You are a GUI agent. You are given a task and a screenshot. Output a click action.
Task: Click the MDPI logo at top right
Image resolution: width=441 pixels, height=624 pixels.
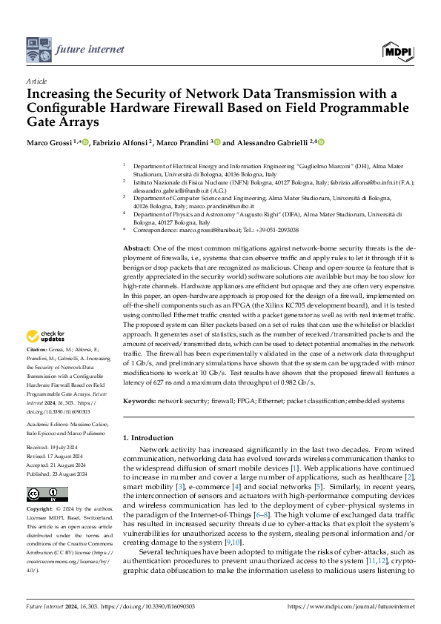[x=397, y=50]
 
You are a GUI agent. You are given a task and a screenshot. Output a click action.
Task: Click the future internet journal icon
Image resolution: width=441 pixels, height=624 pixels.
[x=38, y=50]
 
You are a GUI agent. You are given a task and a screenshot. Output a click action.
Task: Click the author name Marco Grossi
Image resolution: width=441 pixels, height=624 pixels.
[x=50, y=142]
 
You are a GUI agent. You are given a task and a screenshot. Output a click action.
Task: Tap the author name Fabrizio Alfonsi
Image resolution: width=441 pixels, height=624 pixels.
[x=121, y=142]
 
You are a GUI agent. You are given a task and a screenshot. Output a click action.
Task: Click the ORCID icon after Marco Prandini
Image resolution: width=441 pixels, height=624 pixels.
[x=216, y=142]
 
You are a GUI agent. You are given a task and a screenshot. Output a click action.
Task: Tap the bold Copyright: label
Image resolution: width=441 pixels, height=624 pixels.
[x=41, y=510]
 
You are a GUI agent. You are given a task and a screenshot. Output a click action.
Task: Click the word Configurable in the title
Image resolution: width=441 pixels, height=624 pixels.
[x=71, y=107]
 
